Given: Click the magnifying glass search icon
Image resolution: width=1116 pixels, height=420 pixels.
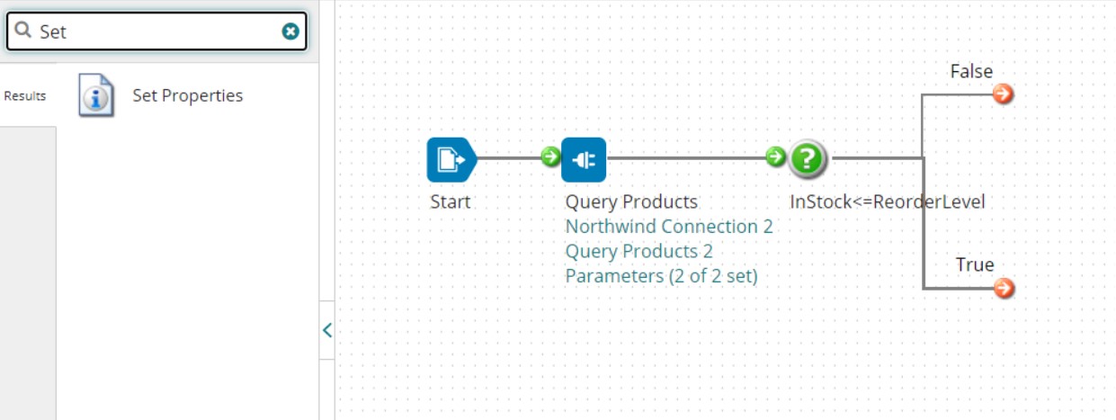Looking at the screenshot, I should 23,31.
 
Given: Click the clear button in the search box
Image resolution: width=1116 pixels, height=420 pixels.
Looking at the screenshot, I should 290,31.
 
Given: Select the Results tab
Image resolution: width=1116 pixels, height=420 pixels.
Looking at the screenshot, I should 25,96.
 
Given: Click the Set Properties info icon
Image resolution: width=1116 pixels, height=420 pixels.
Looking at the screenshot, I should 96,95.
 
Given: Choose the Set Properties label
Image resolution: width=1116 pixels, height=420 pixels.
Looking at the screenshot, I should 187,95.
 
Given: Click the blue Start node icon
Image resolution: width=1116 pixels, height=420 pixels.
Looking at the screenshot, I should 449,159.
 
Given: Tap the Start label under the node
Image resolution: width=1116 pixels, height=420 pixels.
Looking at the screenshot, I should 450,201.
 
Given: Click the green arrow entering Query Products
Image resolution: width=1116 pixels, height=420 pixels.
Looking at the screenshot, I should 550,157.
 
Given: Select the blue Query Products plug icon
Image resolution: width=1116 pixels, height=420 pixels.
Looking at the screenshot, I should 584,159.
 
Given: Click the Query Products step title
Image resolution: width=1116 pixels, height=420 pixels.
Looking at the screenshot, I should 630,201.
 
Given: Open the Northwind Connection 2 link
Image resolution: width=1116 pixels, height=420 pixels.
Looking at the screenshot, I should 668,227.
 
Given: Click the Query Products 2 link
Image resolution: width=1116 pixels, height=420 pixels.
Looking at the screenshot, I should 638,251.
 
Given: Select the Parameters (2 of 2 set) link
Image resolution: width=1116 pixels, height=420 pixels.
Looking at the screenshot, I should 661,276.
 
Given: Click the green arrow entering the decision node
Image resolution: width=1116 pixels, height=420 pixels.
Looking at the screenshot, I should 775,157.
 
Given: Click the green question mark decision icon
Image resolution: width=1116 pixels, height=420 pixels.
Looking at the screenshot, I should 808,159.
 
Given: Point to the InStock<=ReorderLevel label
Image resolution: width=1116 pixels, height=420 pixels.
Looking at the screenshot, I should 887,201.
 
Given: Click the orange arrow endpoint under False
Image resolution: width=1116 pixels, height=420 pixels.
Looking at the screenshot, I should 1004,94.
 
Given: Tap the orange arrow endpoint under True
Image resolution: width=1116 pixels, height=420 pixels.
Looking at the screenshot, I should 1004,288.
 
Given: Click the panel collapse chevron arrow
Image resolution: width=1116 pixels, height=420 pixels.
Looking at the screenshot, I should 326,330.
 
